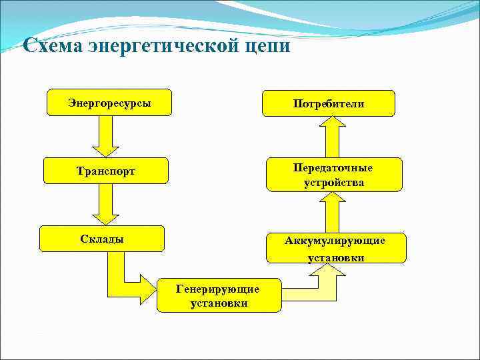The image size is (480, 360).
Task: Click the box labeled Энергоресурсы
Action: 109,103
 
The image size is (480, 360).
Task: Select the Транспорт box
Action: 105,171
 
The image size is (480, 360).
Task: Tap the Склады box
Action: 101,239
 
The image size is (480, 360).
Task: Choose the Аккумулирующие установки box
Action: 335,248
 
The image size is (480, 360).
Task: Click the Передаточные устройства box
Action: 333,175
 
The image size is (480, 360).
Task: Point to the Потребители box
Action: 329,103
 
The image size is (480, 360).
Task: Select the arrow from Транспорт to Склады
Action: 104,204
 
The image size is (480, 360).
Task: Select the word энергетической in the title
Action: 161,46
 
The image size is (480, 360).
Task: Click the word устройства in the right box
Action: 333,182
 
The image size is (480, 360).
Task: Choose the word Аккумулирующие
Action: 335,241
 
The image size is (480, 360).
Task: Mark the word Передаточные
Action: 333,167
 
